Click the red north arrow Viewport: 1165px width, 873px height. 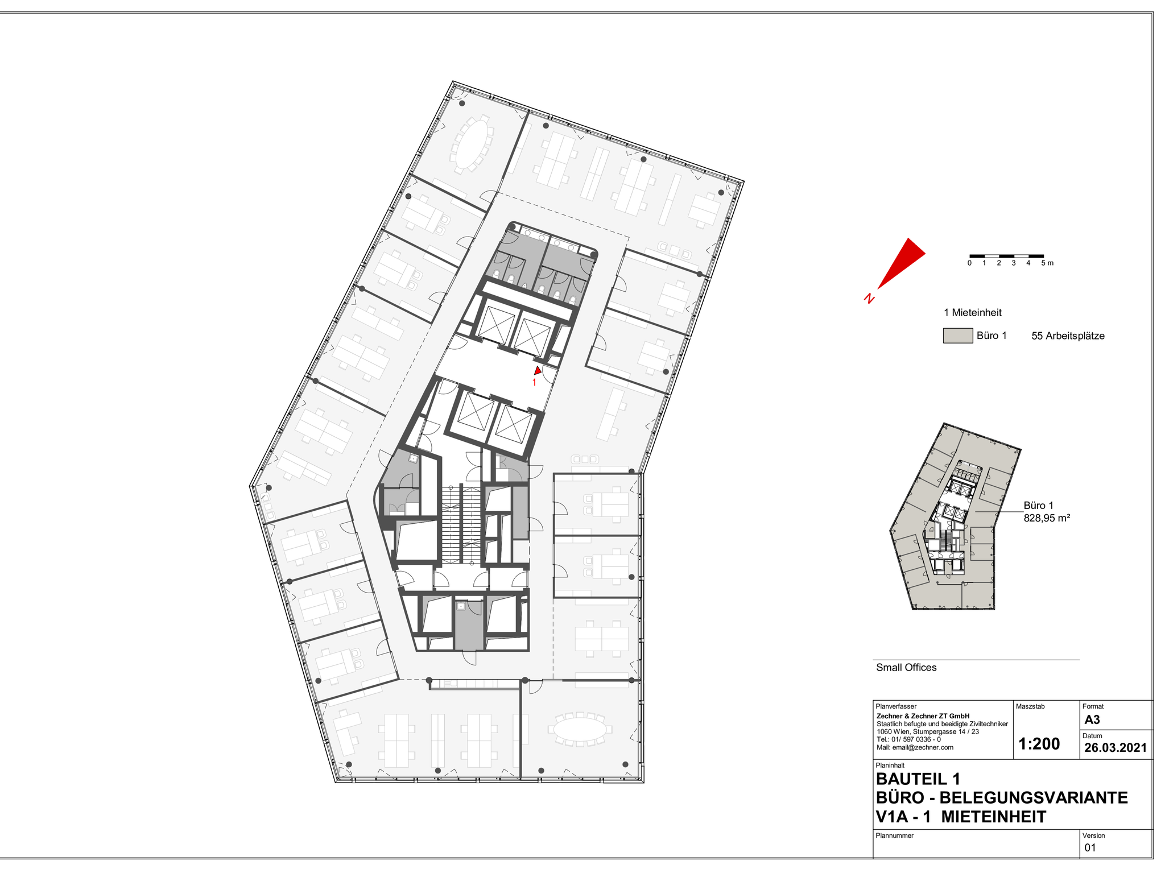coord(902,263)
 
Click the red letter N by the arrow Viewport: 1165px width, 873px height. coord(869,298)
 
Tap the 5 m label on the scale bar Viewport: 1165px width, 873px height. coord(1047,263)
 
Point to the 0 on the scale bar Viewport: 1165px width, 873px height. coord(969,263)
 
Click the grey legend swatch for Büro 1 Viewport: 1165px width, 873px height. coord(958,336)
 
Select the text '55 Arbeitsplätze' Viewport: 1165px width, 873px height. coord(1068,336)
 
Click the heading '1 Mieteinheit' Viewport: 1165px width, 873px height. coord(973,312)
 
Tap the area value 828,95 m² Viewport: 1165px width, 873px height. coord(1047,518)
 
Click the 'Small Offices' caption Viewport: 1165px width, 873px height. coord(906,668)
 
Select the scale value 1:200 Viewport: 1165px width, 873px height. coord(1039,744)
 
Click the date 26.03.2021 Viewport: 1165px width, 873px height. coord(1116,748)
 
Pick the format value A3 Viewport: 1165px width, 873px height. coord(1092,719)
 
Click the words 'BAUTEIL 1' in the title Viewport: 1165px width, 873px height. coord(918,779)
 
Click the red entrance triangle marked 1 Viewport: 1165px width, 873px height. coord(537,370)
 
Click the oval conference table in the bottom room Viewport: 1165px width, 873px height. coord(581,728)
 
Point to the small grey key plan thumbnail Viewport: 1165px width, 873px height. coord(955,516)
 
